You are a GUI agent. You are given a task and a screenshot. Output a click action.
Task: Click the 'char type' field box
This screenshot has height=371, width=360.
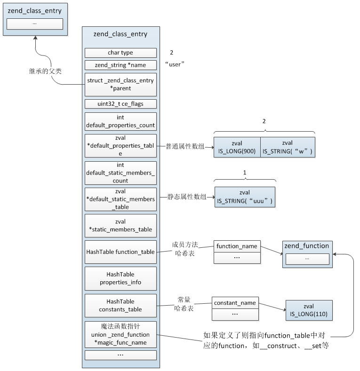tap(120, 53)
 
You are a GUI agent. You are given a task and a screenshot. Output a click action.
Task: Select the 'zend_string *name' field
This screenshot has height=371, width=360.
tap(120, 65)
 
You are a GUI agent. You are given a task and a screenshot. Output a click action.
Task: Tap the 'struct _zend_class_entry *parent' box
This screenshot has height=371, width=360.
tap(120, 85)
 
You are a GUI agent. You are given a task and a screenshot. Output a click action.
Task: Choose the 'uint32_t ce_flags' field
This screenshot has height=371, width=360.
tap(120, 104)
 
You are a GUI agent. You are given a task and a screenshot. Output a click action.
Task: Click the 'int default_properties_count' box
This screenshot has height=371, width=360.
tap(120, 121)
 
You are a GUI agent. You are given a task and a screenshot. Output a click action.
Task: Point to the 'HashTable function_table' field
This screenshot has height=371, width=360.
tap(120, 252)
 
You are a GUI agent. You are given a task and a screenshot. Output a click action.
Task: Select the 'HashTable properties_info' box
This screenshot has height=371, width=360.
tap(120, 278)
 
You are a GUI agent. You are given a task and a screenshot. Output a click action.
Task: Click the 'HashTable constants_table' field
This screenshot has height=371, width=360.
tap(120, 305)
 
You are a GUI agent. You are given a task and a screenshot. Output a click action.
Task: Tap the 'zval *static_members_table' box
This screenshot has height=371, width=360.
tap(120, 226)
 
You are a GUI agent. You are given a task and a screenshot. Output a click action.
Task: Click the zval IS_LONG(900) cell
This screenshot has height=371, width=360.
tap(237, 147)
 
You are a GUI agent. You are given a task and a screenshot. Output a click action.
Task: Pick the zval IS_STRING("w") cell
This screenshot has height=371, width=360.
tap(287, 147)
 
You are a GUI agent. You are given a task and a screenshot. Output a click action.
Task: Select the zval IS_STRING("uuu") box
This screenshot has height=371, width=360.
tap(245, 197)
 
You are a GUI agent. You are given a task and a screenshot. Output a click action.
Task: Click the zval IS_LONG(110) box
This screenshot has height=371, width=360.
tap(309, 310)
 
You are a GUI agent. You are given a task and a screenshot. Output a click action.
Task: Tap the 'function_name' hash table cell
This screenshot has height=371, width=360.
tap(237, 246)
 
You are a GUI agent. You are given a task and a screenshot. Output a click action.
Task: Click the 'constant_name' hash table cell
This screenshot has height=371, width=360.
tap(235, 303)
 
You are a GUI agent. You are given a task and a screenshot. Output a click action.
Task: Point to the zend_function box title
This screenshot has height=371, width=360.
tap(307, 246)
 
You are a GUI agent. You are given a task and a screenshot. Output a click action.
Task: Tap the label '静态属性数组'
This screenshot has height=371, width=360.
tap(187, 197)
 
